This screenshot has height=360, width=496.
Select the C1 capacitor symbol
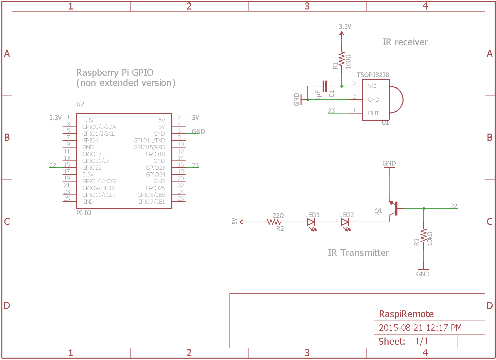[325, 86]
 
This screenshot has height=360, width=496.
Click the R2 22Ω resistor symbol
[274, 222]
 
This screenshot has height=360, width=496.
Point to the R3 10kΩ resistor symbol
[424, 236]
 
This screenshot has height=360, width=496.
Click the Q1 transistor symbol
[393, 208]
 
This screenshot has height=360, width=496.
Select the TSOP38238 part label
[373, 75]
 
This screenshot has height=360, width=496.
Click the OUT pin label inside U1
[373, 113]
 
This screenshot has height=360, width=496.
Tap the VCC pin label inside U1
[373, 86]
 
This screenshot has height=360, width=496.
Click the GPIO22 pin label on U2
[92, 168]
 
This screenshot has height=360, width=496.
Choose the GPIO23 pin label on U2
[155, 168]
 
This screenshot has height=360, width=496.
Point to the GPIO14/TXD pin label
[149, 141]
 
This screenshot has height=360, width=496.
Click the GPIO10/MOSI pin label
[99, 181]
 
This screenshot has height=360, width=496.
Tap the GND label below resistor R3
[423, 274]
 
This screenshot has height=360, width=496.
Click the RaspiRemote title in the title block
[406, 314]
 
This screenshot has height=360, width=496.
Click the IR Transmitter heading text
[358, 253]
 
